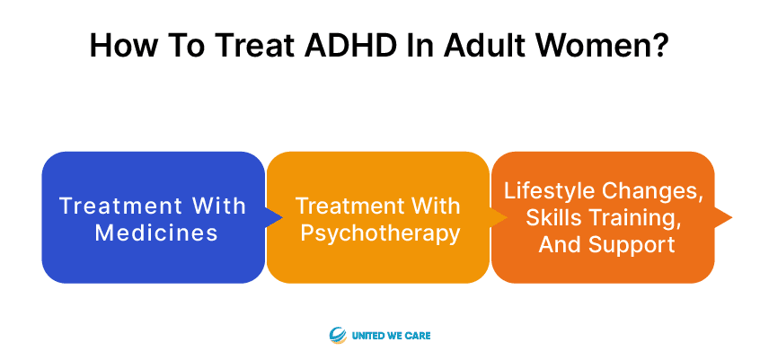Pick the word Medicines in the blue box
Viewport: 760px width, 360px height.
pos(156,233)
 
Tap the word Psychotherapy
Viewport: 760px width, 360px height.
pos(380,234)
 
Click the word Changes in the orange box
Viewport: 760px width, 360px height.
pos(653,191)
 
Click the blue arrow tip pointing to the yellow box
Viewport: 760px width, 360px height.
pos(282,217)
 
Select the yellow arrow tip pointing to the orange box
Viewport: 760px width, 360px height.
pos(507,217)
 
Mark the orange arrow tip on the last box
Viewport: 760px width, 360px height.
pos(731,217)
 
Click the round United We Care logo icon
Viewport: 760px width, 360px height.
pos(338,335)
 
